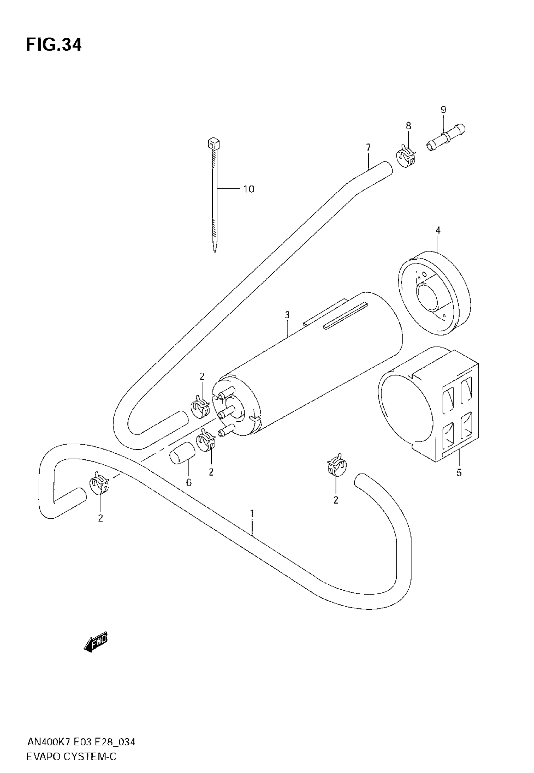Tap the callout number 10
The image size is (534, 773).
(248, 189)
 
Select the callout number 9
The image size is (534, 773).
(443, 110)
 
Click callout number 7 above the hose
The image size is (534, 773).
(368, 148)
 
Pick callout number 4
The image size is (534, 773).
(438, 230)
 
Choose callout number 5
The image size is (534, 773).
(459, 473)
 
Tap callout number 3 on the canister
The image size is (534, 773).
(287, 315)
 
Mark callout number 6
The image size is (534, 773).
(189, 483)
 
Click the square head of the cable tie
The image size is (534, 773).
(214, 144)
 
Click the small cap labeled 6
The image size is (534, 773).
(182, 453)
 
